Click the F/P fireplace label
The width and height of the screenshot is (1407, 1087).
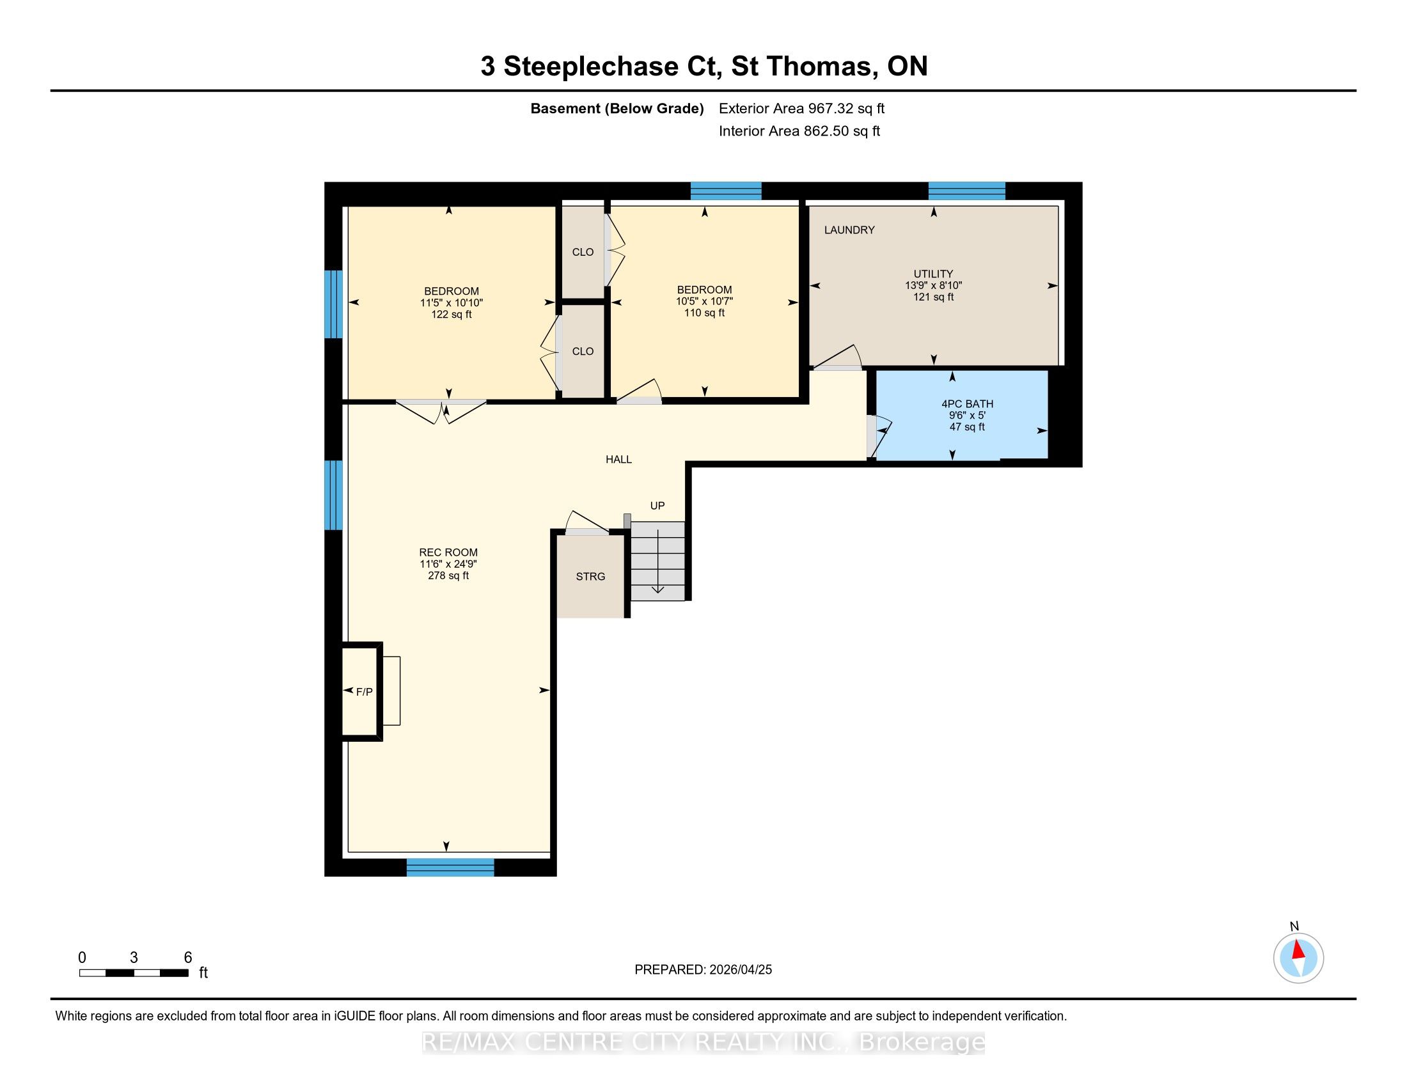pos(365,692)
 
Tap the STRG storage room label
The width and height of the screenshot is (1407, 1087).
pos(591,576)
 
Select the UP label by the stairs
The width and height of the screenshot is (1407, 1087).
pos(657,506)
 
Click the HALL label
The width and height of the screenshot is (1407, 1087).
pos(618,459)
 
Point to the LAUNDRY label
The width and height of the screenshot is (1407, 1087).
pos(850,230)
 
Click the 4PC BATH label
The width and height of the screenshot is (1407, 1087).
pos(968,403)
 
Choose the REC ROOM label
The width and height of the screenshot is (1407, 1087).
pos(448,552)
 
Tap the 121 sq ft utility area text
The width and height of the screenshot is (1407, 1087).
pos(934,297)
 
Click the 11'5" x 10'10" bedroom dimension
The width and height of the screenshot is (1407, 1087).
pos(452,302)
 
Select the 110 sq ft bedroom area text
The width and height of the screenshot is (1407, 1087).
pos(705,313)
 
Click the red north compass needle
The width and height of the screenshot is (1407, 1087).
pos(1299,950)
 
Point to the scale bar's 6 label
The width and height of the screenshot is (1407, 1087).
pos(188,958)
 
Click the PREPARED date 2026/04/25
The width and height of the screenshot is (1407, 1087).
pos(739,970)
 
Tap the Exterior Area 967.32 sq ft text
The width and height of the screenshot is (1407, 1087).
pos(802,108)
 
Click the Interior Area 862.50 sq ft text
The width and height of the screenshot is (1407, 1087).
pos(799,130)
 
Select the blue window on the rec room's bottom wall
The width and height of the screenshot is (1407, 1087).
pos(450,868)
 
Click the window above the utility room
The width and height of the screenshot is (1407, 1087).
pos(966,191)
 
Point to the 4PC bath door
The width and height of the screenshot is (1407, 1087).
pos(879,434)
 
